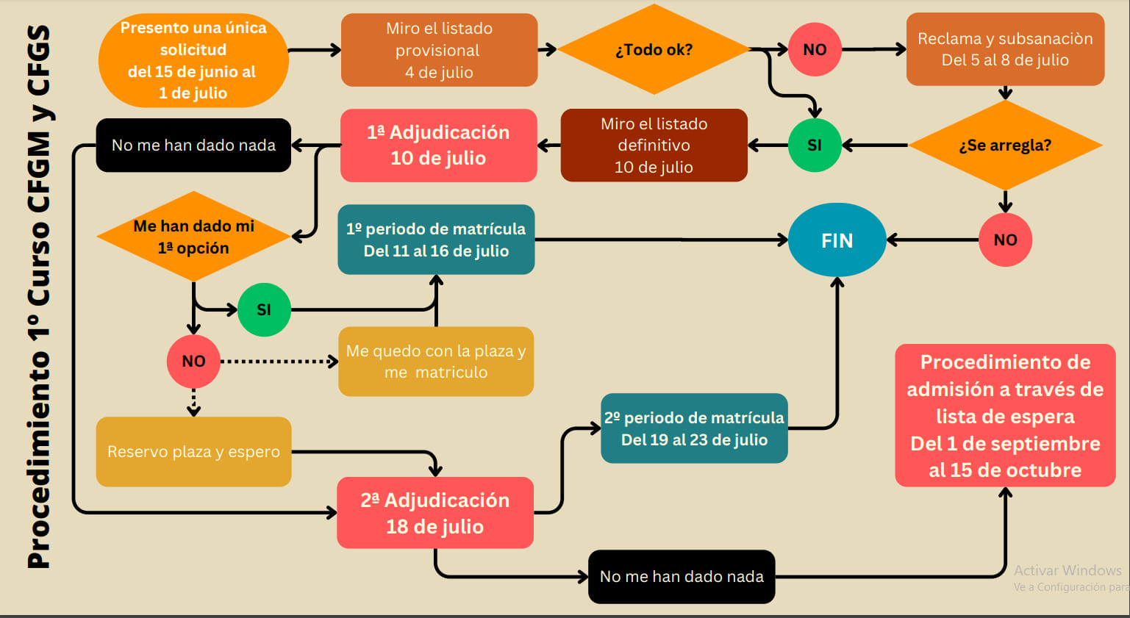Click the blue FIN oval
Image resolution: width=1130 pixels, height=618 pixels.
837,240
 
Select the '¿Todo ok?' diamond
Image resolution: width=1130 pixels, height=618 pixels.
654,50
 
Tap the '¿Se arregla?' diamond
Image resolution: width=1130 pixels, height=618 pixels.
1005,145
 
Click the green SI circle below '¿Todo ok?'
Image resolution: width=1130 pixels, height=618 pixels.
815,145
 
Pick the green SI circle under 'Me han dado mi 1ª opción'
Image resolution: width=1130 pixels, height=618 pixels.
264,309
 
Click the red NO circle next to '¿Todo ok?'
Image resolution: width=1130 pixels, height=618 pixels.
815,50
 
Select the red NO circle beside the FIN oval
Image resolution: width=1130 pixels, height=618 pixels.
1005,240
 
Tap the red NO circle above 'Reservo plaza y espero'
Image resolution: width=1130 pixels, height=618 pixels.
193,362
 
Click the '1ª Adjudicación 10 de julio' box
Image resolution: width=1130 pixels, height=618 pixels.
438,145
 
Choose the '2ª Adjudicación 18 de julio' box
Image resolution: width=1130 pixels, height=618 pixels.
435,513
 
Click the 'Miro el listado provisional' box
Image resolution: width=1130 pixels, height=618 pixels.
439,50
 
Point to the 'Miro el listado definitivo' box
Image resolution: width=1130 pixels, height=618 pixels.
654,145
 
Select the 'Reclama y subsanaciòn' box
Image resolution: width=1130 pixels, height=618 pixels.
1005,49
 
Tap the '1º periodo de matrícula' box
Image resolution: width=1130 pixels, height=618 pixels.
436,240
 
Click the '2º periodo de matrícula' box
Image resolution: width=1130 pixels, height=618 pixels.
694,428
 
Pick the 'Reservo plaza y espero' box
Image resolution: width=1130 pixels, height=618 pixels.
193,452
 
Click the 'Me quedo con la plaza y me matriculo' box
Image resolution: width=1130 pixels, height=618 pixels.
436,362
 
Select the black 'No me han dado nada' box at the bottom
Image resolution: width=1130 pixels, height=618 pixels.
682,577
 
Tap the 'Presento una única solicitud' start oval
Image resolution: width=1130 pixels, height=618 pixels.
193,60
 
